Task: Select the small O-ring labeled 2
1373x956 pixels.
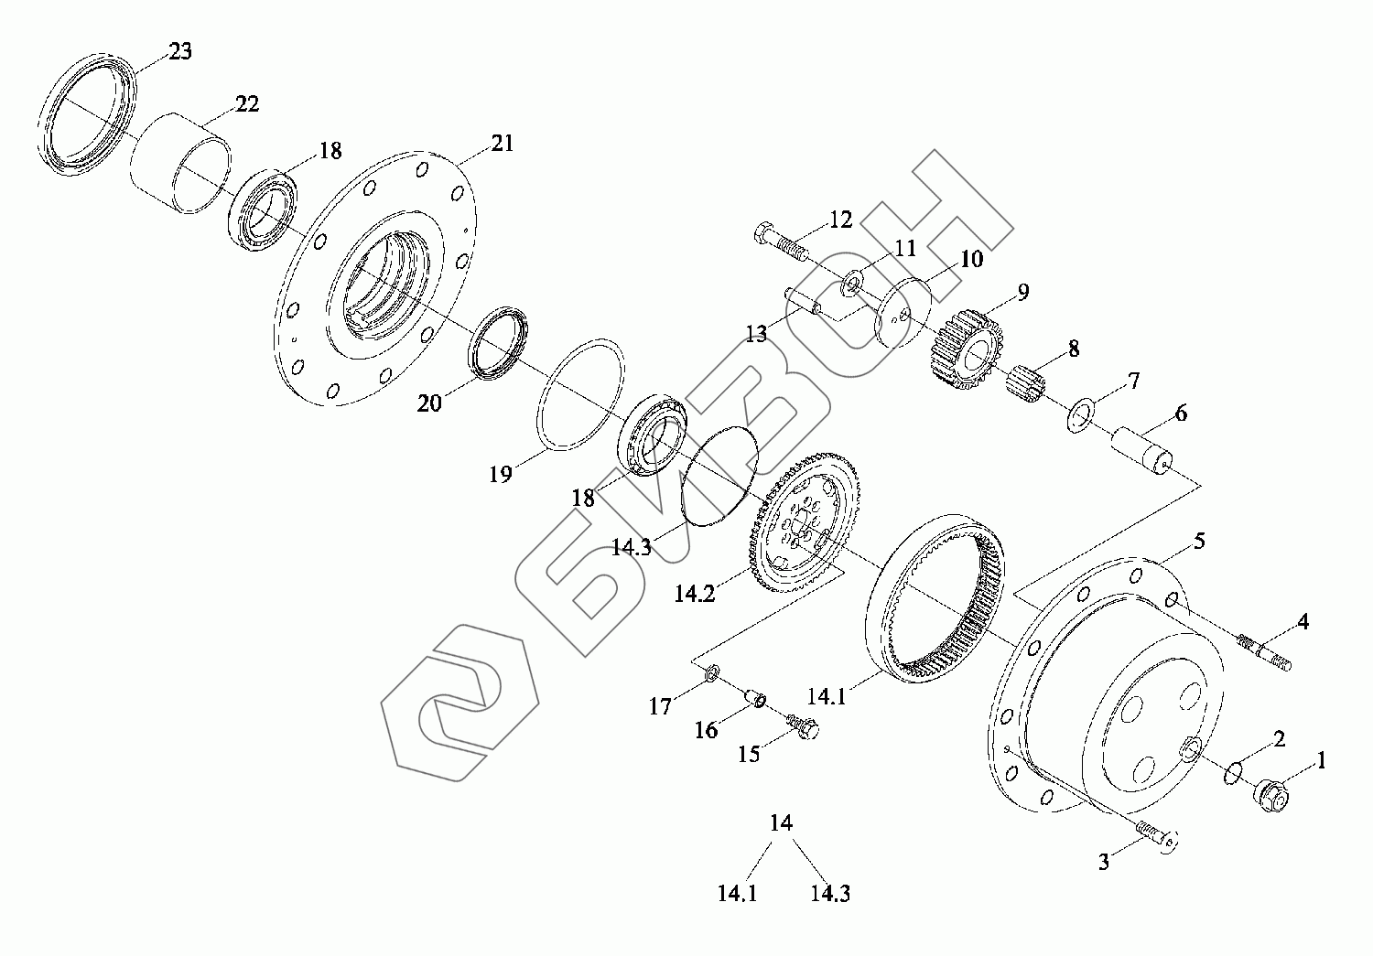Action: [x=1234, y=773]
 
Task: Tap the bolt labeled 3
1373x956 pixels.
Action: [x=1158, y=836]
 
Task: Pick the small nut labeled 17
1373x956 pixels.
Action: [x=712, y=675]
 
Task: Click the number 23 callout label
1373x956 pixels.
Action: [x=180, y=51]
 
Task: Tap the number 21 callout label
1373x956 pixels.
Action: [x=503, y=144]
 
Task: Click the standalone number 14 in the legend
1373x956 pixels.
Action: [x=781, y=822]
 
